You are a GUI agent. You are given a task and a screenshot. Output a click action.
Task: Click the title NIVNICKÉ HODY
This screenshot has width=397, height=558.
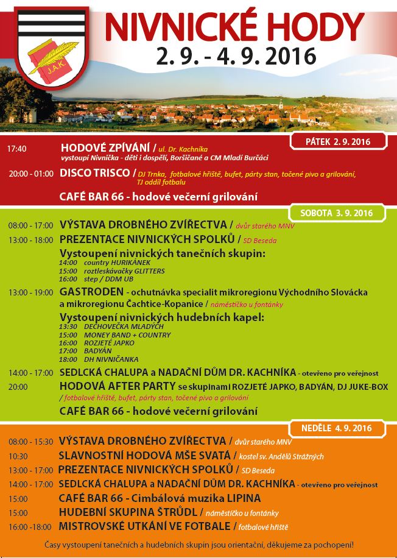click(234, 26)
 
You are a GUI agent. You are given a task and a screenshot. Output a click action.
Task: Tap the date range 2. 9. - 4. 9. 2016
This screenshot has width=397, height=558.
click(236, 56)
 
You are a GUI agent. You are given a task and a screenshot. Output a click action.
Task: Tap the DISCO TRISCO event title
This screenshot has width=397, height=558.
click(94, 173)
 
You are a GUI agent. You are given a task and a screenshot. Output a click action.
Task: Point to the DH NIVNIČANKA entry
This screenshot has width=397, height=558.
click(103, 359)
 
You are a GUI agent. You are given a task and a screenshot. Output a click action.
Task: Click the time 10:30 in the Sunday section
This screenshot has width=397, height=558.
click(18, 456)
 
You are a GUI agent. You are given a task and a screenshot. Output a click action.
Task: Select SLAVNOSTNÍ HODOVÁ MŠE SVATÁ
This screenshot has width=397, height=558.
click(145, 455)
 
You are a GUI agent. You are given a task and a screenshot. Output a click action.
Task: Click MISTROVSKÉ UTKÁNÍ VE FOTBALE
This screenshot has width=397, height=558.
click(144, 526)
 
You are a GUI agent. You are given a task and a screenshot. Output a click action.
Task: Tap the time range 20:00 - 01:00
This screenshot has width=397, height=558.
click(31, 174)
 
